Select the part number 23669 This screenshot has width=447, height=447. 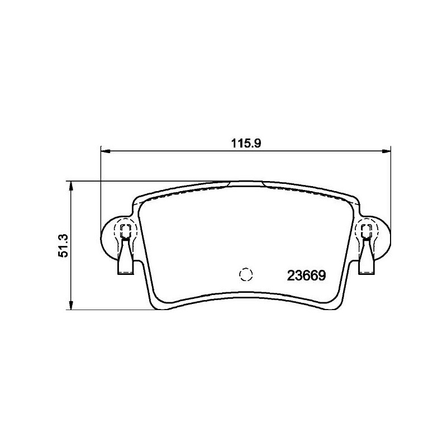click(x=306, y=275)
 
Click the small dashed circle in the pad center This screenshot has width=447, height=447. click(x=246, y=274)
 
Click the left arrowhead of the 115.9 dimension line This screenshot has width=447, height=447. click(x=104, y=150)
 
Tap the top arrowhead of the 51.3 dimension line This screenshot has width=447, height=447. click(x=70, y=185)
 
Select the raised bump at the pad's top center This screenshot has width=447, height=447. click(x=246, y=182)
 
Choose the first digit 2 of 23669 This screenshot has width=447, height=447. click(x=291, y=275)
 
